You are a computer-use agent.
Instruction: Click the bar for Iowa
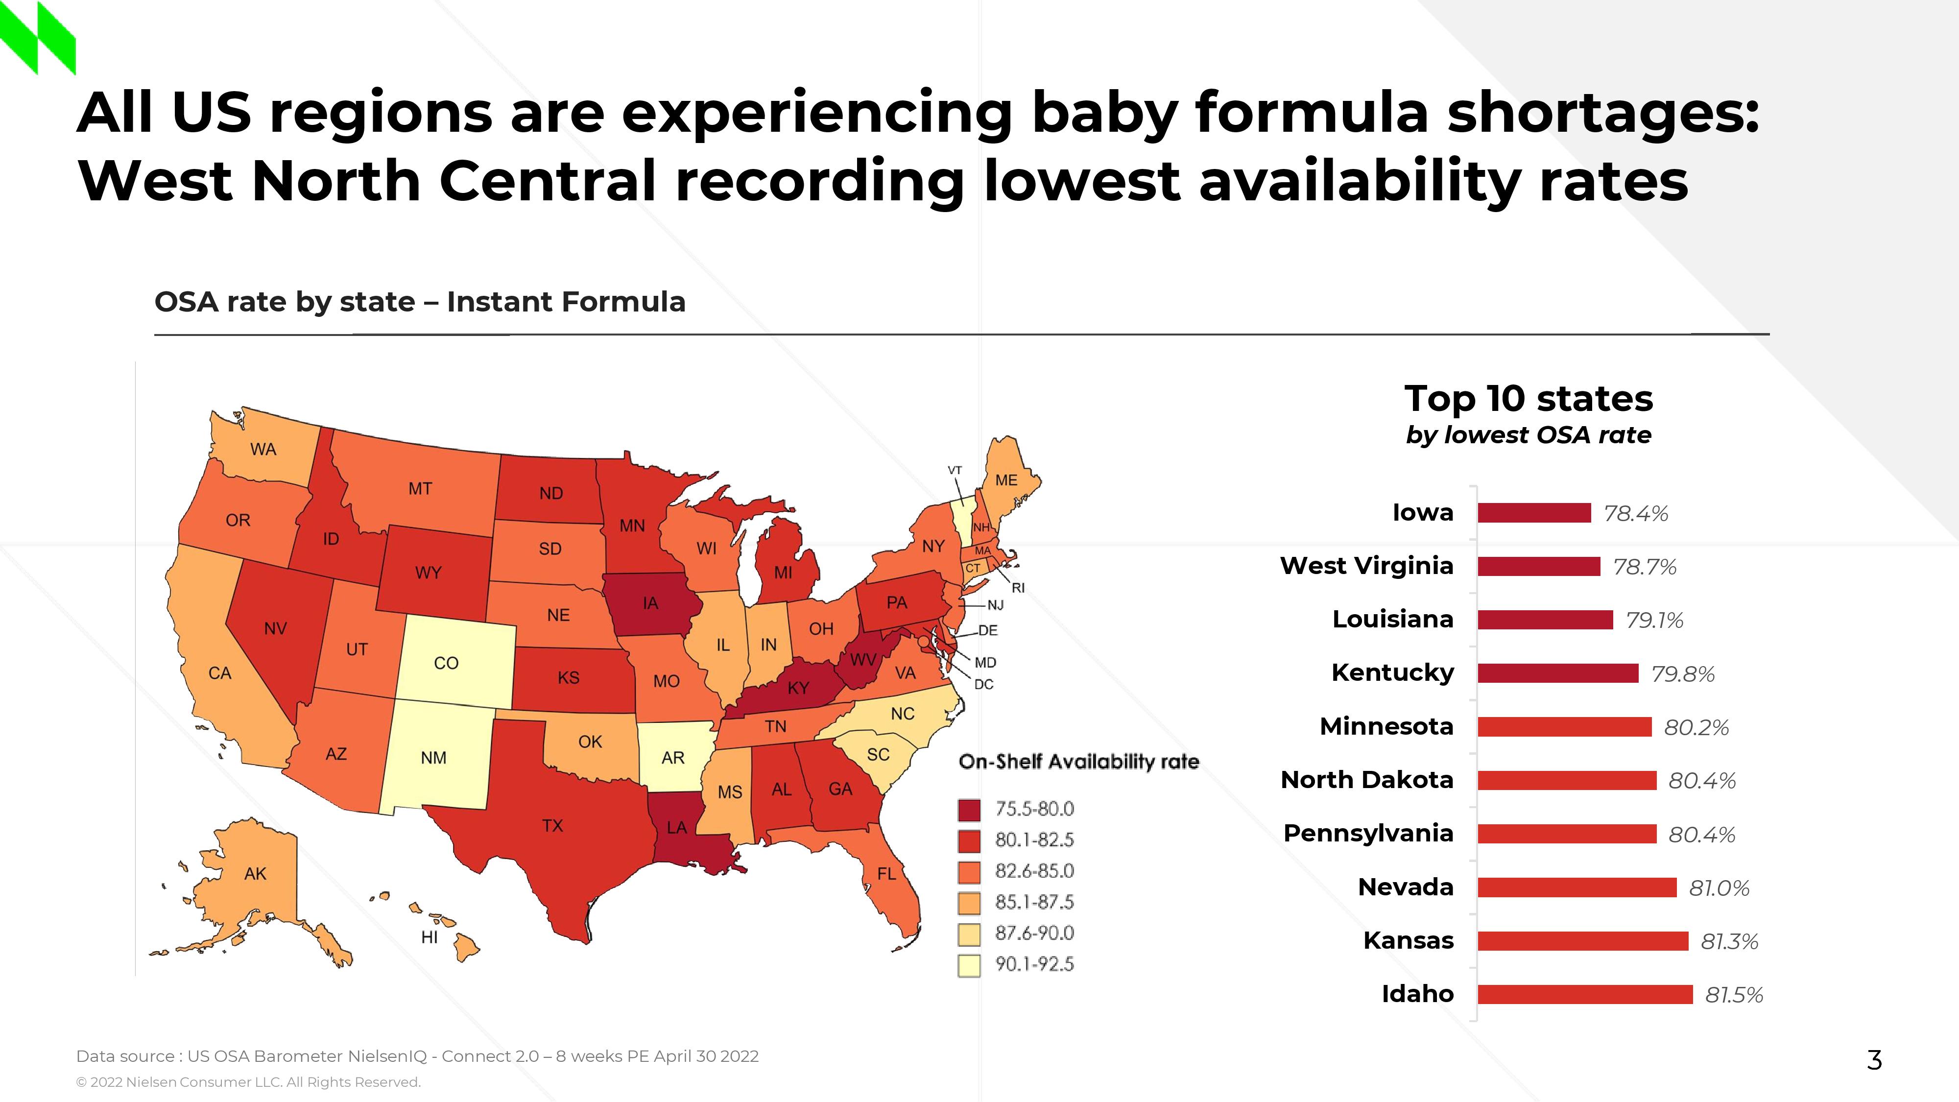(1534, 513)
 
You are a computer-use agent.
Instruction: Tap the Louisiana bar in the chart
(1545, 621)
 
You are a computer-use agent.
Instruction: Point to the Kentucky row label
(1392, 673)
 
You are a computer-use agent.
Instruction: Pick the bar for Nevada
(1577, 887)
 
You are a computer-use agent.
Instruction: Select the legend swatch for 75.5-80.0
(969, 810)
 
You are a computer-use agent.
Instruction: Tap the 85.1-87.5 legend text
(1034, 903)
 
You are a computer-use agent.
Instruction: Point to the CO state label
(446, 663)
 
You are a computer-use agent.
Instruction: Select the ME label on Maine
(1006, 480)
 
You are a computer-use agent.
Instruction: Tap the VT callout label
(955, 470)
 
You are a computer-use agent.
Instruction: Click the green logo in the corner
(38, 38)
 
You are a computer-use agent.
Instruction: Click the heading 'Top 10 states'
(1529, 399)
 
